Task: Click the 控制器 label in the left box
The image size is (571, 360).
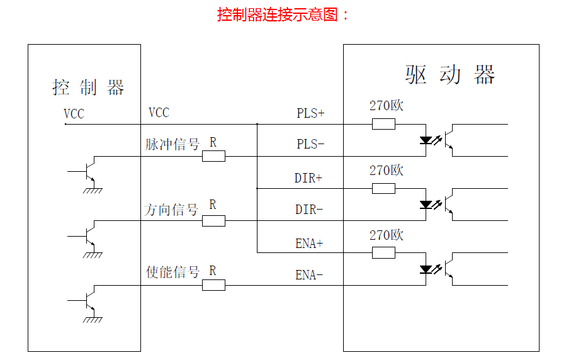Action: coord(88,87)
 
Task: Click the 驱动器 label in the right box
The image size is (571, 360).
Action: coord(450,75)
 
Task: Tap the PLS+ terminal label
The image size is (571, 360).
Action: coord(310,113)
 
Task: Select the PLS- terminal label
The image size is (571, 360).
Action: coord(310,144)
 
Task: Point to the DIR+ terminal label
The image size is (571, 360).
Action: coord(308,178)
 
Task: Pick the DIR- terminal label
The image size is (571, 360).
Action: coord(309,210)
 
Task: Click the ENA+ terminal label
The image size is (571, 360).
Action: coord(309,244)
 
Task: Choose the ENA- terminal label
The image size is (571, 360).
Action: coord(309,275)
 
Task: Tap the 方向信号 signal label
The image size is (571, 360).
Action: coord(171,210)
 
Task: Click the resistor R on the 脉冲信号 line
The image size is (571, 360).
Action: coord(213,156)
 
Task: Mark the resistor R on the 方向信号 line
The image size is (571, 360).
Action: coord(213,221)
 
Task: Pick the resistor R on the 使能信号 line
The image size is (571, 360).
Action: coord(213,285)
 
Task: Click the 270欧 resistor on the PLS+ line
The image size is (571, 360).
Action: coord(383,124)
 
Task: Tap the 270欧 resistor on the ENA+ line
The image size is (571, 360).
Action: coord(383,253)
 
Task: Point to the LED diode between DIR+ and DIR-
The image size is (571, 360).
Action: coord(426,205)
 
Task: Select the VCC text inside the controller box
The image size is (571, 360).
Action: coord(74,114)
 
